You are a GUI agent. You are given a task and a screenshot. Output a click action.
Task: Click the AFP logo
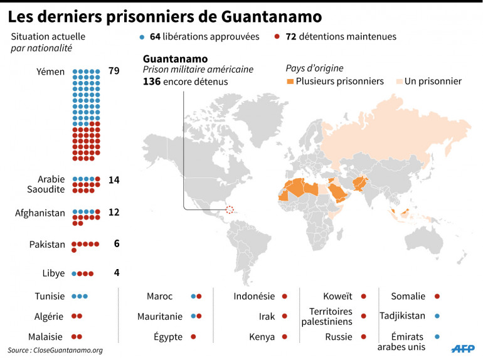[462, 347]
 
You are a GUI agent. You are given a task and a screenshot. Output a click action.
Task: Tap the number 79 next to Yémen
[114, 71]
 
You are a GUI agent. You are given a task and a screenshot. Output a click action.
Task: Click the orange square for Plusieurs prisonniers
[289, 82]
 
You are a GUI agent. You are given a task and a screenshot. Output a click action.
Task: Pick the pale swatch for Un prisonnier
[398, 82]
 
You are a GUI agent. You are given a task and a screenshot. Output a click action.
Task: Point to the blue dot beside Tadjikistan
[437, 316]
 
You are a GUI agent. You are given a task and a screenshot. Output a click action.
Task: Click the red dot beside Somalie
[437, 296]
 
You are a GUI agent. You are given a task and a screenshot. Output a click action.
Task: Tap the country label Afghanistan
[40, 213]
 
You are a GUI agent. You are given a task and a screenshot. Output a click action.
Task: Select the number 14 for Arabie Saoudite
[114, 180]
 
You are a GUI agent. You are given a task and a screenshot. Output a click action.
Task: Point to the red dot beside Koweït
[363, 296]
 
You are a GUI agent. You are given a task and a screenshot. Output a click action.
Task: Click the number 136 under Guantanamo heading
[152, 82]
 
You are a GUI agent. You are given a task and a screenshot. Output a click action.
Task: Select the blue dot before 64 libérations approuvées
[143, 37]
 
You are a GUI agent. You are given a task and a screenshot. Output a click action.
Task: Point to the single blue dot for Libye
[74, 273]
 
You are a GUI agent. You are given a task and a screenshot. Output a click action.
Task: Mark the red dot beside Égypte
[193, 337]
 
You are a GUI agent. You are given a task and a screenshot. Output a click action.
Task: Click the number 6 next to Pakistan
[117, 244]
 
